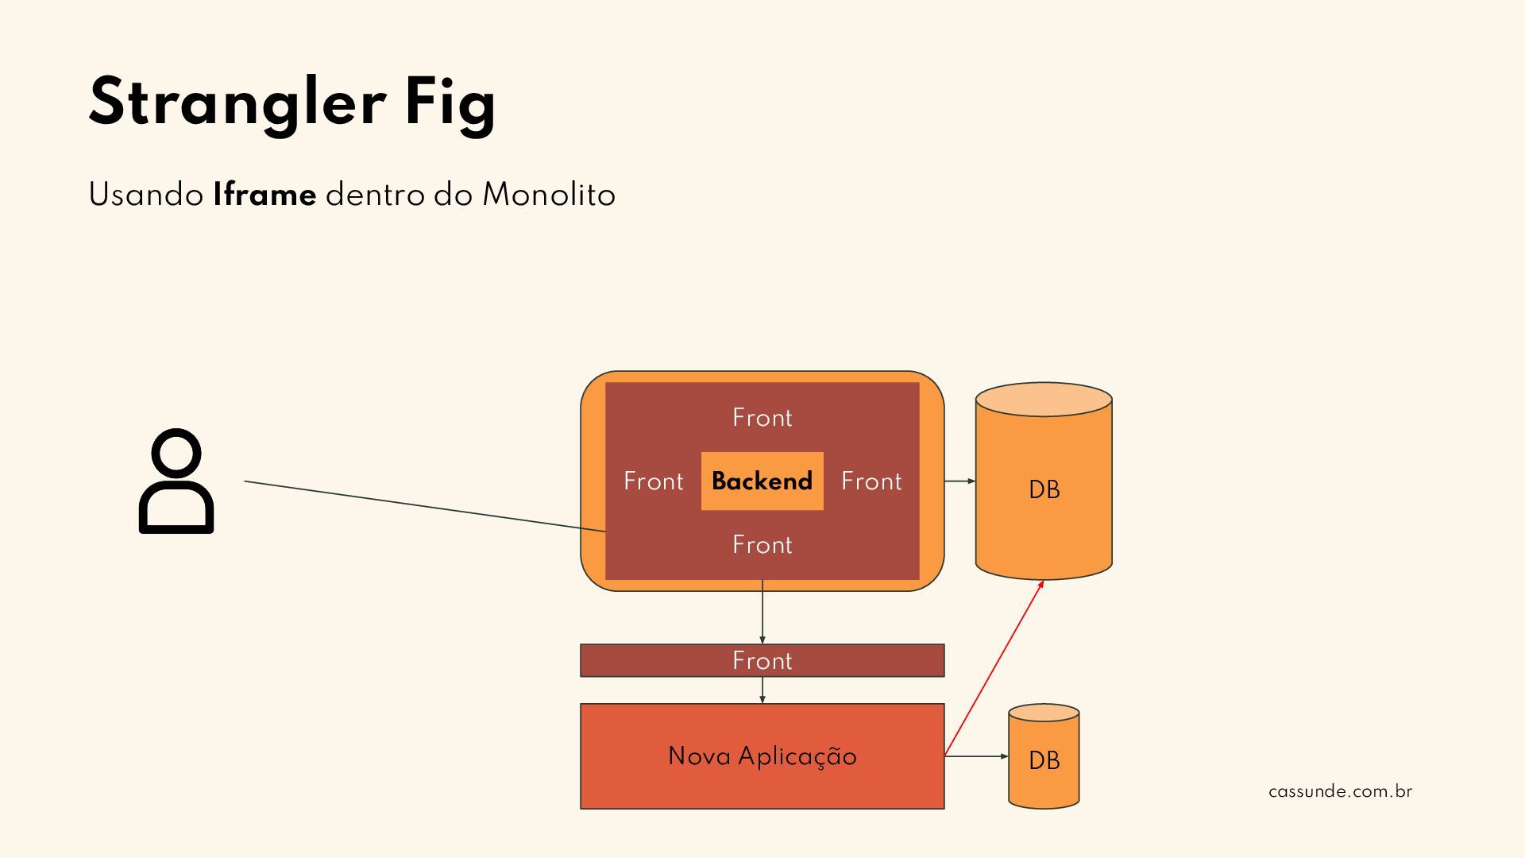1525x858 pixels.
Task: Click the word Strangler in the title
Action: coord(237,103)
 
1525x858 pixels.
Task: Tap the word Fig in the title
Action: coord(450,103)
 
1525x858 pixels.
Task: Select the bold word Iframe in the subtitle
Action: coord(264,195)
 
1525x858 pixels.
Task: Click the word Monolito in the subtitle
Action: coord(549,195)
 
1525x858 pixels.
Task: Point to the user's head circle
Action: coord(176,454)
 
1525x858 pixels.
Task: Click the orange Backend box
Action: coord(762,481)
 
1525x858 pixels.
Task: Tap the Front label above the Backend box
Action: coord(762,418)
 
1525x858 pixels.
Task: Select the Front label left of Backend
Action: coord(653,481)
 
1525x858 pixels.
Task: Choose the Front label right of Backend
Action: coord(871,481)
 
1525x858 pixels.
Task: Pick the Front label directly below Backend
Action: coord(762,545)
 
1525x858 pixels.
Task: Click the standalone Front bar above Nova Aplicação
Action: coord(762,661)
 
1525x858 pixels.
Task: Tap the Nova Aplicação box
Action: coord(762,756)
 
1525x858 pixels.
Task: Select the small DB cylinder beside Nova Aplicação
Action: coord(1044,760)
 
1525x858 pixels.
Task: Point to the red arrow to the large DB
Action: coord(994,667)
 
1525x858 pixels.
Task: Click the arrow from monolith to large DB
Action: coord(959,481)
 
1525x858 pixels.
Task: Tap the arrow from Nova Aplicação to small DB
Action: coord(976,756)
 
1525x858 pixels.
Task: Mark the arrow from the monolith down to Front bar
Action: coord(762,612)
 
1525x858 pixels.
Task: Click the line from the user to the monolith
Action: coord(425,505)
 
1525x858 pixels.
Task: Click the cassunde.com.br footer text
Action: coord(1340,792)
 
